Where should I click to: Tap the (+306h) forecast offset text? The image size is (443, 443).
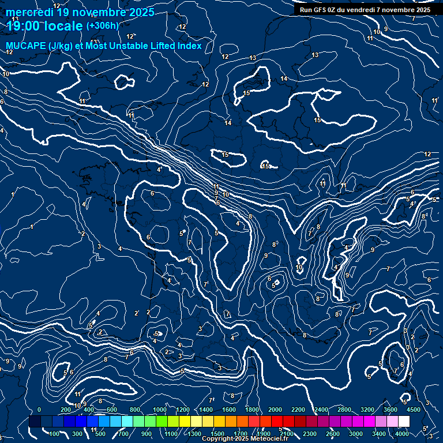pyautogui.click(x=102, y=25)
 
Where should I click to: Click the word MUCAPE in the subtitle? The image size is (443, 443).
pyautogui.click(x=25, y=46)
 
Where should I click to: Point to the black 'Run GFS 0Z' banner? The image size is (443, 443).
pyautogui.click(x=365, y=9)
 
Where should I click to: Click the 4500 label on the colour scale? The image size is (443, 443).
pyautogui.click(x=412, y=410)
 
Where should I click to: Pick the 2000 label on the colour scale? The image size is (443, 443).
pyautogui.click(x=275, y=410)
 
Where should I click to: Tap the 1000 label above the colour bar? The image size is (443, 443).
pyautogui.click(x=160, y=410)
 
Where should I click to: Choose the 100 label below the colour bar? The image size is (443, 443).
pyautogui.click(x=55, y=434)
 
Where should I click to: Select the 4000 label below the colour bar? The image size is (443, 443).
pyautogui.click(x=402, y=434)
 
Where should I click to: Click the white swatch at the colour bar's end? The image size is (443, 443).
pyautogui.click(x=404, y=422)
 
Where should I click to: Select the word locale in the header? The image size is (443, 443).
pyautogui.click(x=65, y=26)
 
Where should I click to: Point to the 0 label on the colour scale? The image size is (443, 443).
pyautogui.click(x=39, y=410)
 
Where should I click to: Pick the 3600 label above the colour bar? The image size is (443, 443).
pyautogui.click(x=391, y=410)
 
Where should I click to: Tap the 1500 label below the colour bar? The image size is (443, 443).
pyautogui.click(x=217, y=434)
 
